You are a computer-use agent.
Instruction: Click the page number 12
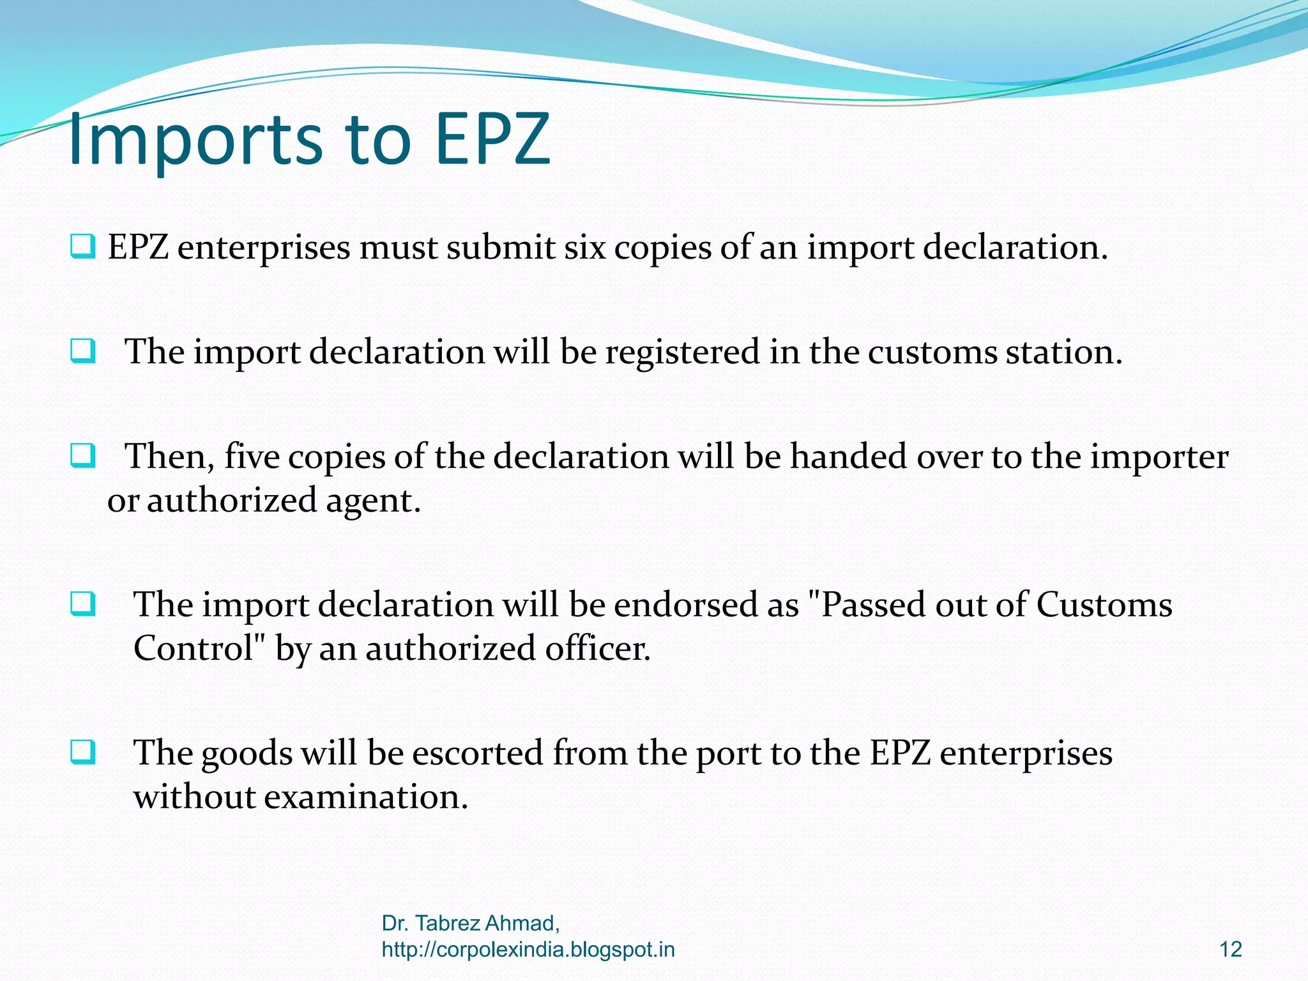[1230, 950]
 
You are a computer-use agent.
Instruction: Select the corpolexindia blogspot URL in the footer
[528, 950]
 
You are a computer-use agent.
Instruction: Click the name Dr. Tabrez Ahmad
[470, 923]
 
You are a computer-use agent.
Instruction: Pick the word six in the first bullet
[584, 248]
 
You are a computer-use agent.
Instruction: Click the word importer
[1159, 457]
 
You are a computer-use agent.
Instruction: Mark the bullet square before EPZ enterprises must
[83, 247]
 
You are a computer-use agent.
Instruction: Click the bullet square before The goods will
[83, 752]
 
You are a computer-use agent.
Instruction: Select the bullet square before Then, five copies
[83, 456]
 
